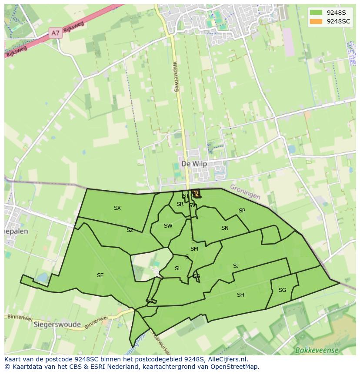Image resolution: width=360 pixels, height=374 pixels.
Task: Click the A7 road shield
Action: point(55,33)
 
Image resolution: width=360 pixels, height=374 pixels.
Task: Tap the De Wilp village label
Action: point(194,164)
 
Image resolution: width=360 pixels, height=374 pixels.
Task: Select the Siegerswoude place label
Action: point(57,324)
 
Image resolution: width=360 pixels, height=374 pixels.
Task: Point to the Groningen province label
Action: point(245,192)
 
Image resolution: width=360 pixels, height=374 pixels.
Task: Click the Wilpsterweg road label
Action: point(176,76)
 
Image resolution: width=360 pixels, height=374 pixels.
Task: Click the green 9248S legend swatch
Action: point(316,13)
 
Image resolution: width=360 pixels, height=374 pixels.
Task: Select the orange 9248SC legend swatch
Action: point(316,21)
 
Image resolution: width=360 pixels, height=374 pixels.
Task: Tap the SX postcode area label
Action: point(117,208)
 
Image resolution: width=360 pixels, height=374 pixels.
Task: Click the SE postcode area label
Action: point(100,275)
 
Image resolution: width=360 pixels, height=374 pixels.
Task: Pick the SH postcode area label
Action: point(240,295)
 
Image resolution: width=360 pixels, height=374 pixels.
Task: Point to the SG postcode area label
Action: point(282,290)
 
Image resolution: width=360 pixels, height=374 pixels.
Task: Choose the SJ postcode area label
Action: point(236,266)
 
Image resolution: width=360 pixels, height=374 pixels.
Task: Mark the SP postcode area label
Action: point(242,211)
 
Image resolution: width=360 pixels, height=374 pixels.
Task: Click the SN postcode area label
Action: point(225,228)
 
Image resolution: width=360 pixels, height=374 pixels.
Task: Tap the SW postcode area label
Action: point(168,226)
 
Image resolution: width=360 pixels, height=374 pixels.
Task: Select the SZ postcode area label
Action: point(130,230)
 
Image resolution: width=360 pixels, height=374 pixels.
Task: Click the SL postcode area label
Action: point(178,268)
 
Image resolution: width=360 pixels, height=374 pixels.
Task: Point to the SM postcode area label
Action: point(194,249)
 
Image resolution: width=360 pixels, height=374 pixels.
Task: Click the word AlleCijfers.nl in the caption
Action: point(226,359)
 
